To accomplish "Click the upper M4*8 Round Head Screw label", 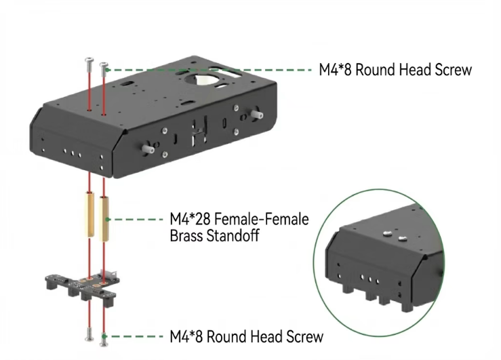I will (x=395, y=69).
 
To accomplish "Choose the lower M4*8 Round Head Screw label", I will (x=246, y=336).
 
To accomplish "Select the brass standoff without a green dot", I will (x=89, y=213).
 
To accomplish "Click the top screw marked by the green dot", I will (x=103, y=68).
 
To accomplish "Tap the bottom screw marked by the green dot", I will (x=103, y=336).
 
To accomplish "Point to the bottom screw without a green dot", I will (x=88, y=333).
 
